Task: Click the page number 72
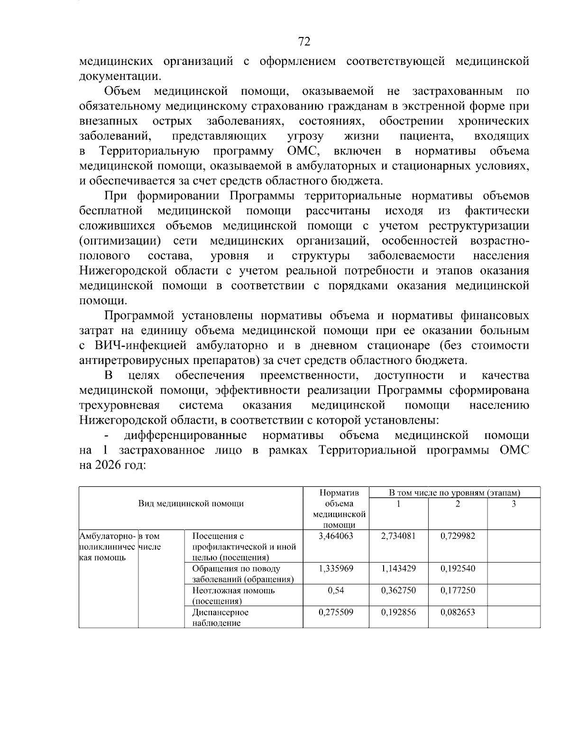pyautogui.click(x=304, y=42)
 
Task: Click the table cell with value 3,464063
pyautogui.click(x=336, y=536)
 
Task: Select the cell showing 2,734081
pyautogui.click(x=398, y=536)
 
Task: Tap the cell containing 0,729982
pyautogui.click(x=458, y=536)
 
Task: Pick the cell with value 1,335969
pyautogui.click(x=336, y=568)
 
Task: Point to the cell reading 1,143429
pyautogui.click(x=398, y=568)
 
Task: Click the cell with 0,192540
pyautogui.click(x=458, y=568)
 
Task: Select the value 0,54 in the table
pyautogui.click(x=336, y=591)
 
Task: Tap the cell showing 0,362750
pyautogui.click(x=398, y=591)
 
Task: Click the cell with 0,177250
pyautogui.click(x=458, y=591)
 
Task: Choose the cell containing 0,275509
pyautogui.click(x=336, y=612)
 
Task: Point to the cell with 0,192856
pyautogui.click(x=398, y=612)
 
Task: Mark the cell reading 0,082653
pyautogui.click(x=458, y=612)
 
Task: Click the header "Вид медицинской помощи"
pyautogui.click(x=191, y=503)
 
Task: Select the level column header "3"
pyautogui.click(x=514, y=504)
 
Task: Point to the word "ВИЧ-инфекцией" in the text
pyautogui.click(x=146, y=345)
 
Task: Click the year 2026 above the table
pyautogui.click(x=112, y=465)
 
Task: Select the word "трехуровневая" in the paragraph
pyautogui.click(x=119, y=406)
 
